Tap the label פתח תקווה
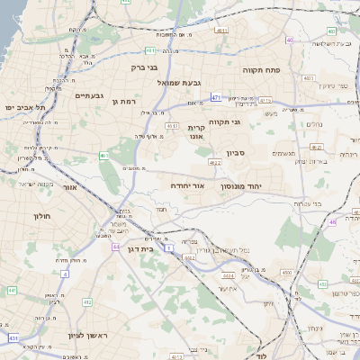pos(264,68)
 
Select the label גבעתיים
pos(92,95)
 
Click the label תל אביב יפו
pos(23,107)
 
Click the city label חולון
pos(43,216)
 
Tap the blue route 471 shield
pos(216,97)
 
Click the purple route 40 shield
pos(289,40)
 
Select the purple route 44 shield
pos(115,246)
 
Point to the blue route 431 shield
pos(13,337)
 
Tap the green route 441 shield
pos(12,290)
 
